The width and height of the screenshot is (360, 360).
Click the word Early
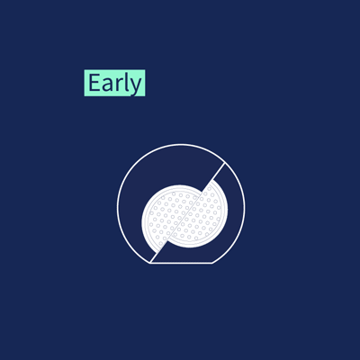click(115, 83)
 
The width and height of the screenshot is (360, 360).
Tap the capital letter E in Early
click(94, 83)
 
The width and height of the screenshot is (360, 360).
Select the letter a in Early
click(106, 85)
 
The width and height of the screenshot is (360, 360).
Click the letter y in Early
click(136, 87)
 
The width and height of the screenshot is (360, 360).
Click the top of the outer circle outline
click(181, 144)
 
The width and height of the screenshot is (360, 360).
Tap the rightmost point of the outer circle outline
click(245, 207)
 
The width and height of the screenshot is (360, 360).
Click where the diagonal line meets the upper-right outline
click(224, 163)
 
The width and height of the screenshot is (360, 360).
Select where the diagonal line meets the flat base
click(150, 263)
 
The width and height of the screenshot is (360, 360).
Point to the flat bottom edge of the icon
click(181, 263)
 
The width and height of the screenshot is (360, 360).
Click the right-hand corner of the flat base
click(212, 263)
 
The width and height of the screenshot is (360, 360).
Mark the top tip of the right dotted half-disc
click(213, 180)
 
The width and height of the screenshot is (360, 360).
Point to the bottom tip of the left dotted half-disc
click(159, 249)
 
